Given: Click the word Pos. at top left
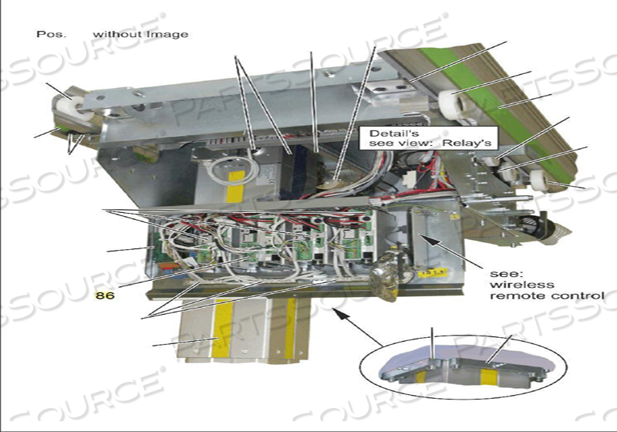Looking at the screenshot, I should coord(48,34).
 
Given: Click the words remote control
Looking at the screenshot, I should coord(547,295).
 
